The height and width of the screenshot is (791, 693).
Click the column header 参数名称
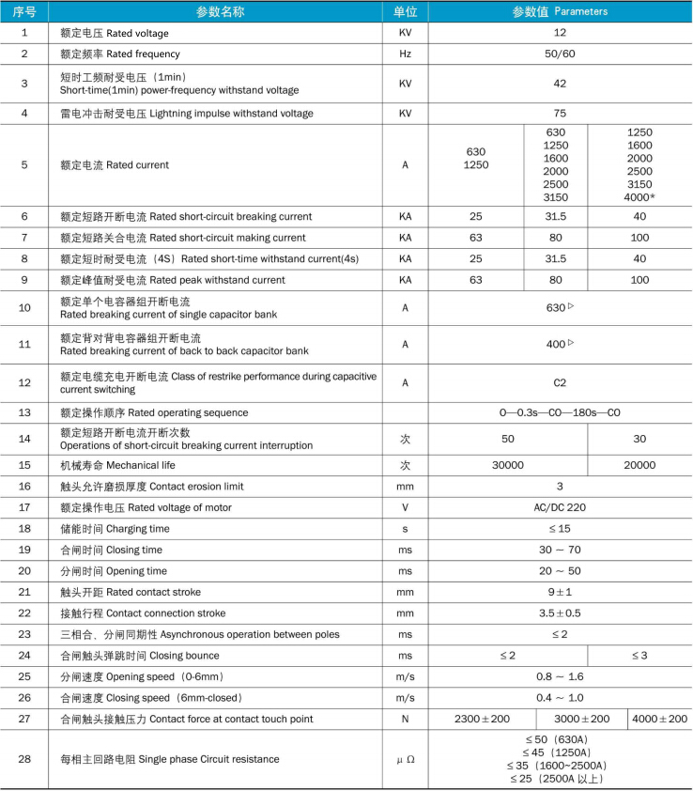click(x=220, y=11)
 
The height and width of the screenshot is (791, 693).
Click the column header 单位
click(x=406, y=11)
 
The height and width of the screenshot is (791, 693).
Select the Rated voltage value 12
click(x=560, y=33)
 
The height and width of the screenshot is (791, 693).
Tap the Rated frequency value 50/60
click(x=560, y=54)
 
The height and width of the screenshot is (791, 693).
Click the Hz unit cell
click(x=406, y=54)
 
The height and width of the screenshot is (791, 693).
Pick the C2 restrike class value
click(x=560, y=382)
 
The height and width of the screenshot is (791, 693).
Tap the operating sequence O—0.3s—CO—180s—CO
click(x=560, y=412)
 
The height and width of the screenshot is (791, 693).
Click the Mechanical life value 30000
click(x=508, y=465)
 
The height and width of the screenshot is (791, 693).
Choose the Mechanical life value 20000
click(x=639, y=465)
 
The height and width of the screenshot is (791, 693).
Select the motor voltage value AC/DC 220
click(x=560, y=507)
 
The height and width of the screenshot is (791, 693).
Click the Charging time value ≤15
click(x=560, y=529)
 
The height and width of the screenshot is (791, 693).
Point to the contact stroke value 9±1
click(x=560, y=592)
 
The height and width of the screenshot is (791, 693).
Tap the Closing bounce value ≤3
click(x=639, y=655)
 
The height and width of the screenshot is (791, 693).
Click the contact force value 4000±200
click(x=659, y=719)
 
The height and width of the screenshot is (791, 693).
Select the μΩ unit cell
click(x=406, y=758)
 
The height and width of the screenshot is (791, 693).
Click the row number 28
click(x=24, y=758)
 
